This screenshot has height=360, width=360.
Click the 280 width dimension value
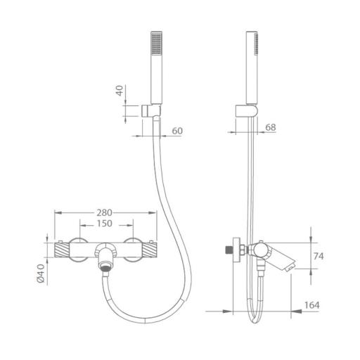(x=104, y=212)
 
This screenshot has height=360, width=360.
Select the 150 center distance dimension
(x=104, y=224)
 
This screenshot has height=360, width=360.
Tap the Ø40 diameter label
(x=41, y=273)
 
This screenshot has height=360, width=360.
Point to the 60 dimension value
(x=177, y=131)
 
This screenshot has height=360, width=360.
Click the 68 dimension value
(x=271, y=127)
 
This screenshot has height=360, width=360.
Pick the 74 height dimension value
(x=319, y=256)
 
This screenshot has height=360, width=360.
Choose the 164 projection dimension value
(x=311, y=305)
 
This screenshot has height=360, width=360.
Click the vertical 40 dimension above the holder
(x=120, y=91)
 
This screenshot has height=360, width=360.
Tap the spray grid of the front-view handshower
(x=157, y=44)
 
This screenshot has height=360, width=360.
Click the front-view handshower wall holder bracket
(x=151, y=110)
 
